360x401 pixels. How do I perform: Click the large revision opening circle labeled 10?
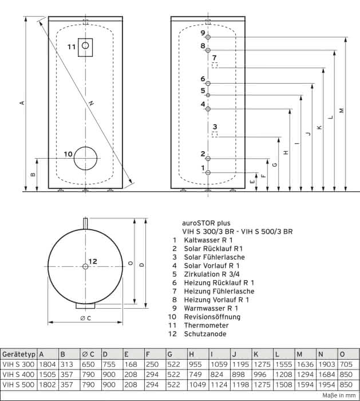[86, 147]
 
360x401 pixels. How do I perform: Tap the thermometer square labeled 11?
[78, 48]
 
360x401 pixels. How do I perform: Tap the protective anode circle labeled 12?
[85, 264]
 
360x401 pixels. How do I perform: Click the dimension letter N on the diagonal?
[91, 103]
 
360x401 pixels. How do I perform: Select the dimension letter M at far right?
[342, 111]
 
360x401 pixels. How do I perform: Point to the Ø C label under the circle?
[86, 319]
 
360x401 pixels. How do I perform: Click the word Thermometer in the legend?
[206, 325]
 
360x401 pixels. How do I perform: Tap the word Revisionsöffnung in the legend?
[212, 317]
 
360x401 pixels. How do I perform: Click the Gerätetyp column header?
[19, 355]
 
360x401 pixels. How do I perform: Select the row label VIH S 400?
[18, 375]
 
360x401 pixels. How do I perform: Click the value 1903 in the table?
[327, 364]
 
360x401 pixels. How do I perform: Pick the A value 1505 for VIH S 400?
[48, 375]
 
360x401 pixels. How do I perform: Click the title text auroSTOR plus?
[206, 223]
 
